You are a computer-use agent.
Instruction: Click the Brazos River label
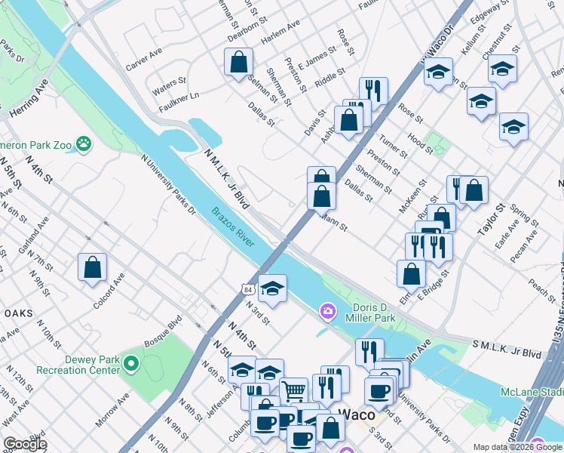233,226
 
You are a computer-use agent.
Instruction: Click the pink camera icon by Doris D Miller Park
328,310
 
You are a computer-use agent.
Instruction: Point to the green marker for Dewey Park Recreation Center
131,365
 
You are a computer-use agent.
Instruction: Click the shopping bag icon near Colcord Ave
92,267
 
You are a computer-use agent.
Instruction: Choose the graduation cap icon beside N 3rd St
272,288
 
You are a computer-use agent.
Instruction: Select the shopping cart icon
294,390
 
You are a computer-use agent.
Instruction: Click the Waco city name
355,413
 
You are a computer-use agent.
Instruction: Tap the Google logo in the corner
25,444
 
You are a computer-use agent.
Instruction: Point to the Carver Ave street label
144,60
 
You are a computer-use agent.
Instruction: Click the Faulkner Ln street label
179,97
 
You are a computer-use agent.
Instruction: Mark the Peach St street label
541,288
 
